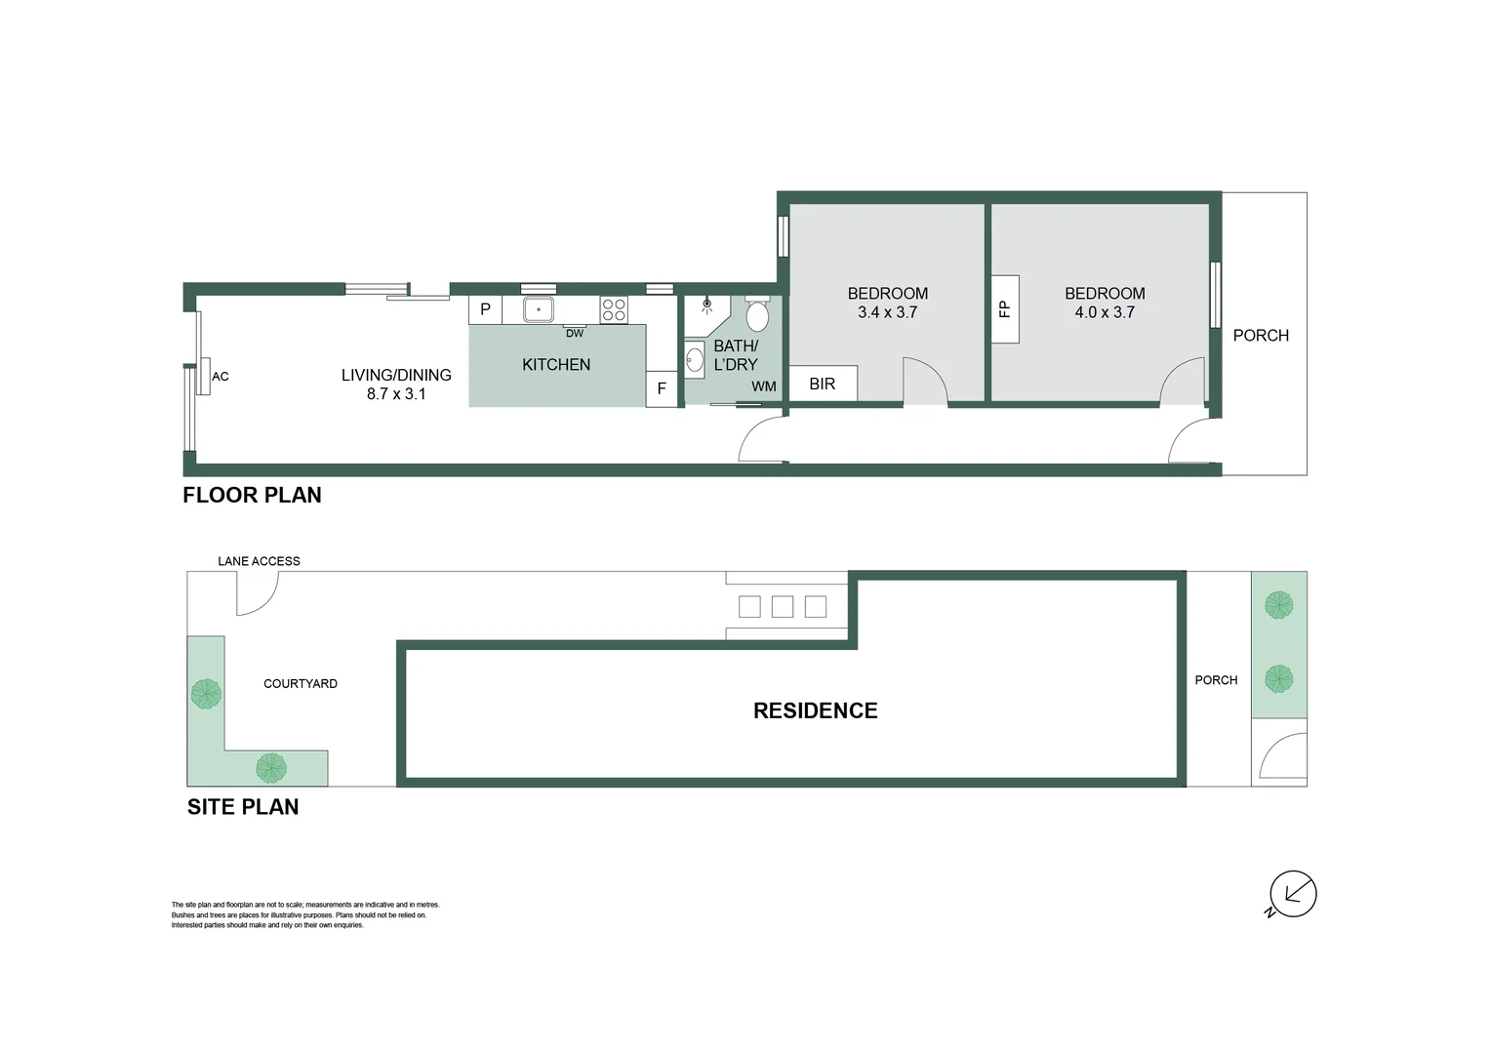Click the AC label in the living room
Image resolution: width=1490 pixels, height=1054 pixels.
pyautogui.click(x=221, y=377)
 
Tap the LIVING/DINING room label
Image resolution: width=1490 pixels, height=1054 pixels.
pyautogui.click(x=396, y=375)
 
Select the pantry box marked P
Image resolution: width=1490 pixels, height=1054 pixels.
pyautogui.click(x=485, y=309)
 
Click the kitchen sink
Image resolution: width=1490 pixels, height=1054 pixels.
pyautogui.click(x=538, y=309)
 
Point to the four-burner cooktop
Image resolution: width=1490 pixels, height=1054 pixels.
pyautogui.click(x=614, y=309)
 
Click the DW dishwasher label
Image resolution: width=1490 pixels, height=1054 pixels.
pyautogui.click(x=575, y=334)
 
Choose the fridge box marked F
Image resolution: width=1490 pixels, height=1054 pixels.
pyautogui.click(x=662, y=388)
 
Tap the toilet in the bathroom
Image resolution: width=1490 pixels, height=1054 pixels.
pyautogui.click(x=757, y=314)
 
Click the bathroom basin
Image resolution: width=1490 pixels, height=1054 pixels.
pyautogui.click(x=695, y=359)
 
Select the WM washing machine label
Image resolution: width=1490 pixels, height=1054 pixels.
pyautogui.click(x=764, y=386)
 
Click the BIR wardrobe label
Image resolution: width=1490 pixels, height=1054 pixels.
pyautogui.click(x=823, y=384)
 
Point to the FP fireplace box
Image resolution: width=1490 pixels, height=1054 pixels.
pyautogui.click(x=1005, y=309)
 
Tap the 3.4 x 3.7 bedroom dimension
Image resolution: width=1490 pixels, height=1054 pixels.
pyautogui.click(x=887, y=312)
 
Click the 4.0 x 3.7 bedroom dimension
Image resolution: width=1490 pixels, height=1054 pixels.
pyautogui.click(x=1105, y=312)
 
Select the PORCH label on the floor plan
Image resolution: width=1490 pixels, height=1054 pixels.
pyautogui.click(x=1261, y=336)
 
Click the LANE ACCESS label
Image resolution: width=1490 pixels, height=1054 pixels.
pyautogui.click(x=259, y=561)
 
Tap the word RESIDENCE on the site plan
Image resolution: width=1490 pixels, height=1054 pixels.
pyautogui.click(x=815, y=710)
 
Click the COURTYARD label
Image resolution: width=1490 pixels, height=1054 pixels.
pyautogui.click(x=301, y=684)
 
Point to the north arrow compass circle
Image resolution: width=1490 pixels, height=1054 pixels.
pyautogui.click(x=1293, y=893)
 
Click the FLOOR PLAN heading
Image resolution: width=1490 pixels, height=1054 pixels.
pyautogui.click(x=252, y=495)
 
